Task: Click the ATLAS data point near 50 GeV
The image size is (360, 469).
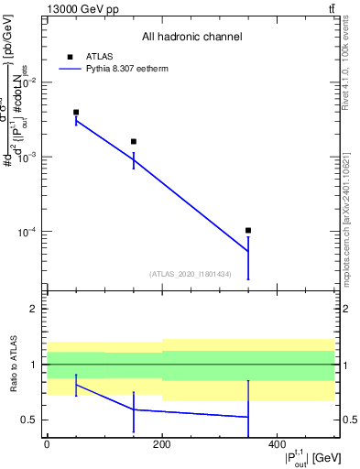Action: (x=76, y=112)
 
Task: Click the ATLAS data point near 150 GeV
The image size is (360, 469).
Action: (x=134, y=141)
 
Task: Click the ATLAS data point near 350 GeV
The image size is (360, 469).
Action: (x=248, y=230)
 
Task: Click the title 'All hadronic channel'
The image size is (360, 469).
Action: (x=191, y=37)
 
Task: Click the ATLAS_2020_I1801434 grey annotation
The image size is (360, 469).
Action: (x=191, y=273)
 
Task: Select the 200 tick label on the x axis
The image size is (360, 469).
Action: (x=162, y=443)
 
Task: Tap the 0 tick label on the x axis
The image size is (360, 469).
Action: (x=47, y=443)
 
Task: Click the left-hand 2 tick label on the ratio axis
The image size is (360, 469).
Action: (x=34, y=309)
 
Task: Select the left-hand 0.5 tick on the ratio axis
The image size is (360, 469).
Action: (x=29, y=420)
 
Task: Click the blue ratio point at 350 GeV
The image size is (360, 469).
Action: (x=248, y=417)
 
